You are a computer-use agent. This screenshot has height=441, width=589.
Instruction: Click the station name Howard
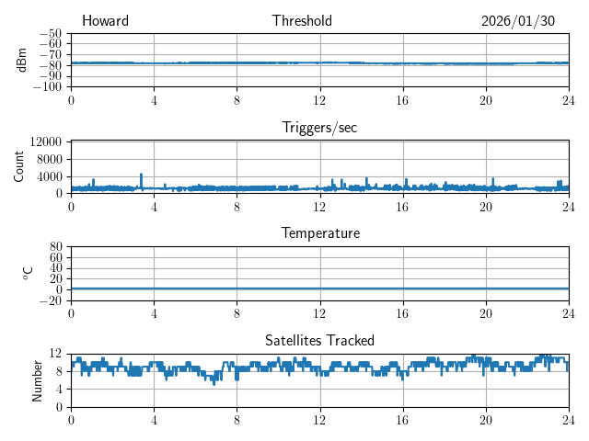coord(105,21)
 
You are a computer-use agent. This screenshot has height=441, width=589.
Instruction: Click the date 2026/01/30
coord(519,21)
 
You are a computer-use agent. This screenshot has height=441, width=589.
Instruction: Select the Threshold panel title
coord(302,21)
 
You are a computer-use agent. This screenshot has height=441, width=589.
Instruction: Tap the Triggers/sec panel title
coord(319,128)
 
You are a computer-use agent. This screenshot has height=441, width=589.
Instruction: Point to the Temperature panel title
coord(319,233)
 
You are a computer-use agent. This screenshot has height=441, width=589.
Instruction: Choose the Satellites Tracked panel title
coord(319,340)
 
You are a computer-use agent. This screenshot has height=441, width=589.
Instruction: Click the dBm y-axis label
coord(22,60)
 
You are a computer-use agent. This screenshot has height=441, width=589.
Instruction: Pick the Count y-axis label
coord(19,166)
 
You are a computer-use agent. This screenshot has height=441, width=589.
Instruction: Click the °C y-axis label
coord(28,273)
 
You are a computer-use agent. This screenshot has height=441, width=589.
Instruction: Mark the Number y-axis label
coord(37,379)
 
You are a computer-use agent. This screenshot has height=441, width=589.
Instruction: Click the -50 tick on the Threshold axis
coord(51,33)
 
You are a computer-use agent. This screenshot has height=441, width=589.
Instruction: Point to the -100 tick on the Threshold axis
coord(48,86)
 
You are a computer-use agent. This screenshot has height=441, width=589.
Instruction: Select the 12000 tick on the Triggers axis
coord(45,141)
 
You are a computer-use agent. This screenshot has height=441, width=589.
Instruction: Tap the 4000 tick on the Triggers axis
coord(49,176)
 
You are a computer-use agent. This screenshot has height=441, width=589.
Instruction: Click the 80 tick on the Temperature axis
coord(55,246)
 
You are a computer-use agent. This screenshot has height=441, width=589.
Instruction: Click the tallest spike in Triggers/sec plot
coord(141,174)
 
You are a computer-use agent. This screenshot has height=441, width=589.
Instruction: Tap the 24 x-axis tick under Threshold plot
coord(568,100)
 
